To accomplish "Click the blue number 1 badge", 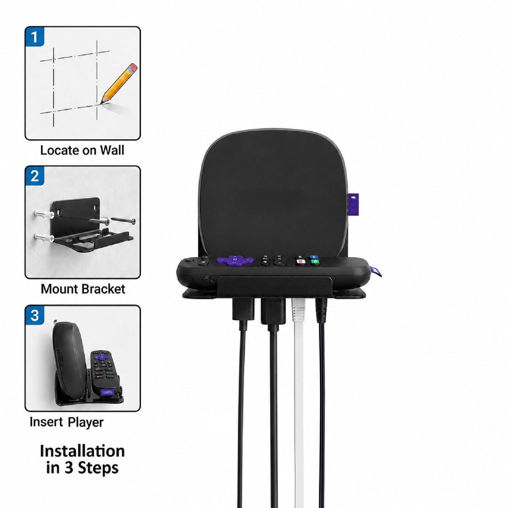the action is click(34, 37).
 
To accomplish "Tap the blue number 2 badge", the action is click(34, 176).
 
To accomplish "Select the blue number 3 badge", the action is click(34, 315).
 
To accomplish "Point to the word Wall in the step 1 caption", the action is click(112, 150).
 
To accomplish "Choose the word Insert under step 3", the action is click(46, 422).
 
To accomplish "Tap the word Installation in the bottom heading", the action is click(82, 451).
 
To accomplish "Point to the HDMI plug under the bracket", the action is click(273, 311).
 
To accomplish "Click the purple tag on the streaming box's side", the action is click(353, 203).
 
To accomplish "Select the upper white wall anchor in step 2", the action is click(44, 214).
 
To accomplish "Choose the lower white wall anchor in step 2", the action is click(44, 237).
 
